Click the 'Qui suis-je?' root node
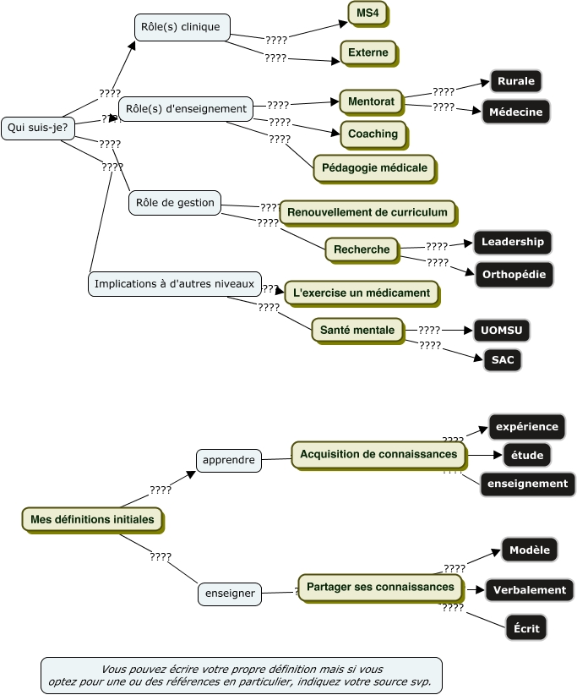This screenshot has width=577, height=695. click(x=37, y=128)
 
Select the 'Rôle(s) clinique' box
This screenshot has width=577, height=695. click(x=182, y=27)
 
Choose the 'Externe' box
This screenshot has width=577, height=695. click(x=368, y=52)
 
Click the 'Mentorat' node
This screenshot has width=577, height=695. click(x=371, y=101)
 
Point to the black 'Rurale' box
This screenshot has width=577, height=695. click(x=515, y=81)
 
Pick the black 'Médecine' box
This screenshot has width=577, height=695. click(x=515, y=112)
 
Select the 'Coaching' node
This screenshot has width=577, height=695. click(x=373, y=134)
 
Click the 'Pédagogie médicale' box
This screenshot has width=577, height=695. click(x=374, y=167)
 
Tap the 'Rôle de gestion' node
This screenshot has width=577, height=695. click(x=175, y=203)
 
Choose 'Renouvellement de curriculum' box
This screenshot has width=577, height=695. click(x=367, y=211)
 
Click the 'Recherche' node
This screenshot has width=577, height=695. click(x=362, y=249)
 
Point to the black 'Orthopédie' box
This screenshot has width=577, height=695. click(x=513, y=274)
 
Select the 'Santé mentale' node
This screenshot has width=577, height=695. click(x=357, y=330)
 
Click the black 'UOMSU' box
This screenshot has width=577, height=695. click(x=502, y=330)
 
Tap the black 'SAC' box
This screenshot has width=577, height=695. click(x=503, y=360)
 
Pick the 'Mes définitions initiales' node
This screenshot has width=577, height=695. click(x=92, y=519)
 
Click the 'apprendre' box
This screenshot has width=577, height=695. click(x=228, y=461)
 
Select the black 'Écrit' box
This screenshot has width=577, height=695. click(x=525, y=628)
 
